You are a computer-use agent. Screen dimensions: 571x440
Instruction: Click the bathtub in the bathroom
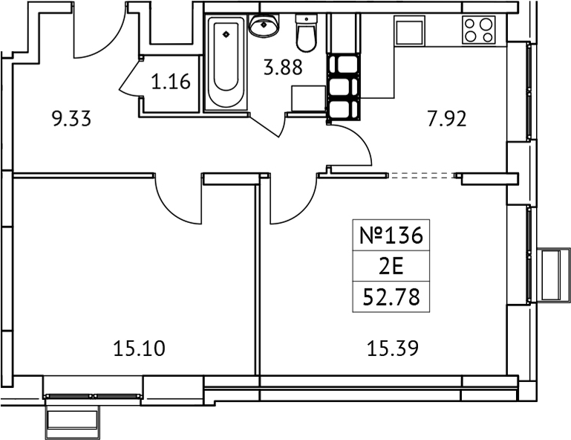coord(226,62)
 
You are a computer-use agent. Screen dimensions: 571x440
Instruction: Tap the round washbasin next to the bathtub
coord(264,25)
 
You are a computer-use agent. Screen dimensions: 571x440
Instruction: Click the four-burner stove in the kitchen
coord(478,30)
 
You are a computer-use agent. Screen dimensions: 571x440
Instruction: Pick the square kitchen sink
coord(409,30)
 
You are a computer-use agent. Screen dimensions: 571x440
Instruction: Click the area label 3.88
coord(283,68)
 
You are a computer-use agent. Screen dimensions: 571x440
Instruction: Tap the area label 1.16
coord(171,81)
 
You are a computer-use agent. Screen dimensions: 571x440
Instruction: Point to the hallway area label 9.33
coord(72,119)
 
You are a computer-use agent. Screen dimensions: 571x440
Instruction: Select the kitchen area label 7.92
coord(447,119)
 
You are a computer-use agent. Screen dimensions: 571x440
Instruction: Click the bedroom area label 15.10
coord(140,348)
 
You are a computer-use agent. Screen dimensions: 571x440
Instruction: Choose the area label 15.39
coord(393,348)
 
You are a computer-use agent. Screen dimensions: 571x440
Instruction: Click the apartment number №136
coord(391,235)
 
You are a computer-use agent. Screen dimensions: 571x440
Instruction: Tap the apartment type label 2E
coord(391,267)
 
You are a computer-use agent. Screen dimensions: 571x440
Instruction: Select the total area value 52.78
coord(391,297)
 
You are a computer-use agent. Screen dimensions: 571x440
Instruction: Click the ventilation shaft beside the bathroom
coord(344,87)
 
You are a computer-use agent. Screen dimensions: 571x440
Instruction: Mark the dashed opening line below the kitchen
coord(422,175)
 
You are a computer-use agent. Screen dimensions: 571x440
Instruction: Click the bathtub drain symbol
coord(226,34)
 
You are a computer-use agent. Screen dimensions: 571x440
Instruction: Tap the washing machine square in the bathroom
coord(308,98)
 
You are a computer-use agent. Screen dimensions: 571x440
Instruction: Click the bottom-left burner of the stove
coord(470,36)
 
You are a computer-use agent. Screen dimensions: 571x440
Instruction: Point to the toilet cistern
coord(307,19)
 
